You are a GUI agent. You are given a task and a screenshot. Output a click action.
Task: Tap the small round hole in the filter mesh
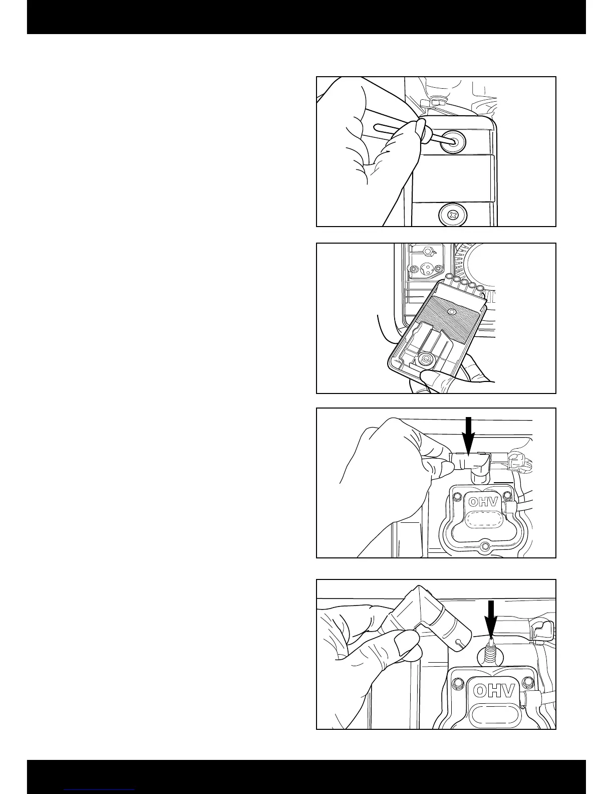[x=452, y=311]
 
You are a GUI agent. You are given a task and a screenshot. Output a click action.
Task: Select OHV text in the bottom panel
[x=493, y=692]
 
